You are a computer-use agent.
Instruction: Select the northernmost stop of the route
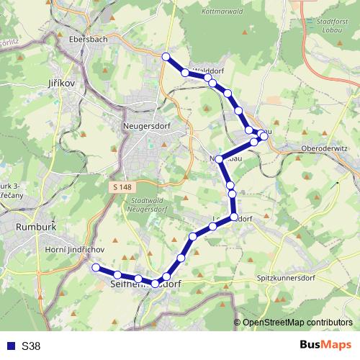pos(166,57)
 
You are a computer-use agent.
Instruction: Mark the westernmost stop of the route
pos(96,267)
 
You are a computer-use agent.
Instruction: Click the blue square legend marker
pos(11,346)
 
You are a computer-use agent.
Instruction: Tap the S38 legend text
pos(31,346)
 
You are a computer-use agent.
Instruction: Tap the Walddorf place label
pos(210,72)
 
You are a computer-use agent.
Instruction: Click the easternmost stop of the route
pos(264,136)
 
